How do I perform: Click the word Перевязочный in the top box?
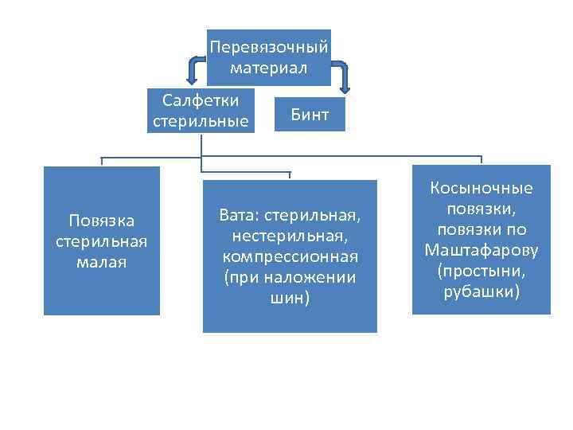click(x=268, y=48)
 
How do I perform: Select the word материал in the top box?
click(x=268, y=68)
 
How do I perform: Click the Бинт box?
click(x=310, y=114)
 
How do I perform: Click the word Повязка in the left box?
click(x=102, y=220)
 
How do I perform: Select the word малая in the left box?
click(x=102, y=261)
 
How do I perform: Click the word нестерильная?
click(x=290, y=236)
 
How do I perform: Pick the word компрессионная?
click(x=290, y=257)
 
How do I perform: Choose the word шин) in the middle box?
click(x=290, y=298)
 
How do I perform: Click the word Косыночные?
click(x=481, y=189)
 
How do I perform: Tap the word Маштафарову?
click(x=481, y=251)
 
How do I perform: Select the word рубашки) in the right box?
click(x=481, y=292)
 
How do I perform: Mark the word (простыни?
click(x=481, y=272)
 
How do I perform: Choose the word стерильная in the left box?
click(x=102, y=240)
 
